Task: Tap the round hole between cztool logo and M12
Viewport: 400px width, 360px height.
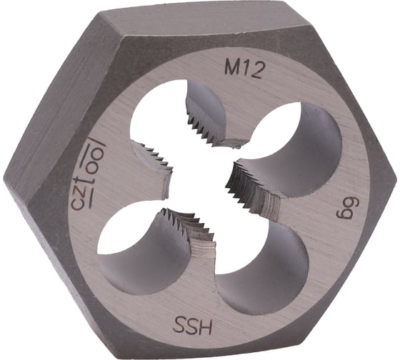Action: (161, 118)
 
